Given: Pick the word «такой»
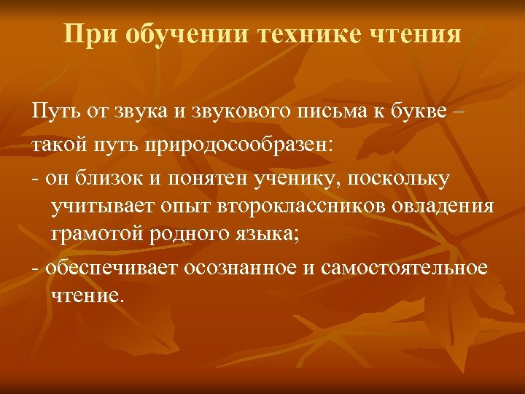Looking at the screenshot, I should point(58,145).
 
